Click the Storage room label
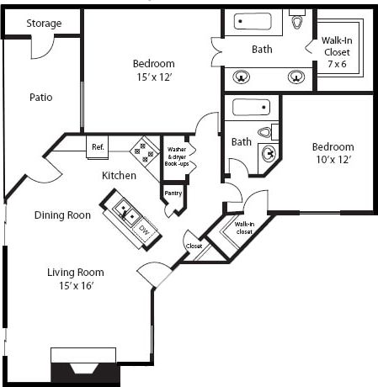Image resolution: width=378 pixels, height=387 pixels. pyautogui.click(x=44, y=24)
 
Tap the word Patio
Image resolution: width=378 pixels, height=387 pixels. pyautogui.click(x=40, y=97)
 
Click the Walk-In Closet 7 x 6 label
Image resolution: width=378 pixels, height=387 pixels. pyautogui.click(x=337, y=51)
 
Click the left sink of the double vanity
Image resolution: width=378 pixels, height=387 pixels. pyautogui.click(x=242, y=77)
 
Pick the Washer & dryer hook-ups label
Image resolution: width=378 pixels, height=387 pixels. pyautogui.click(x=177, y=156)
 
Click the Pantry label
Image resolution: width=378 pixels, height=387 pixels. pyautogui.click(x=173, y=193)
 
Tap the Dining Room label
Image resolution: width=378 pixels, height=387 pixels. pyautogui.click(x=62, y=215)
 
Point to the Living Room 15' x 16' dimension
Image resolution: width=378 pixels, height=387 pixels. pyautogui.click(x=75, y=285)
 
